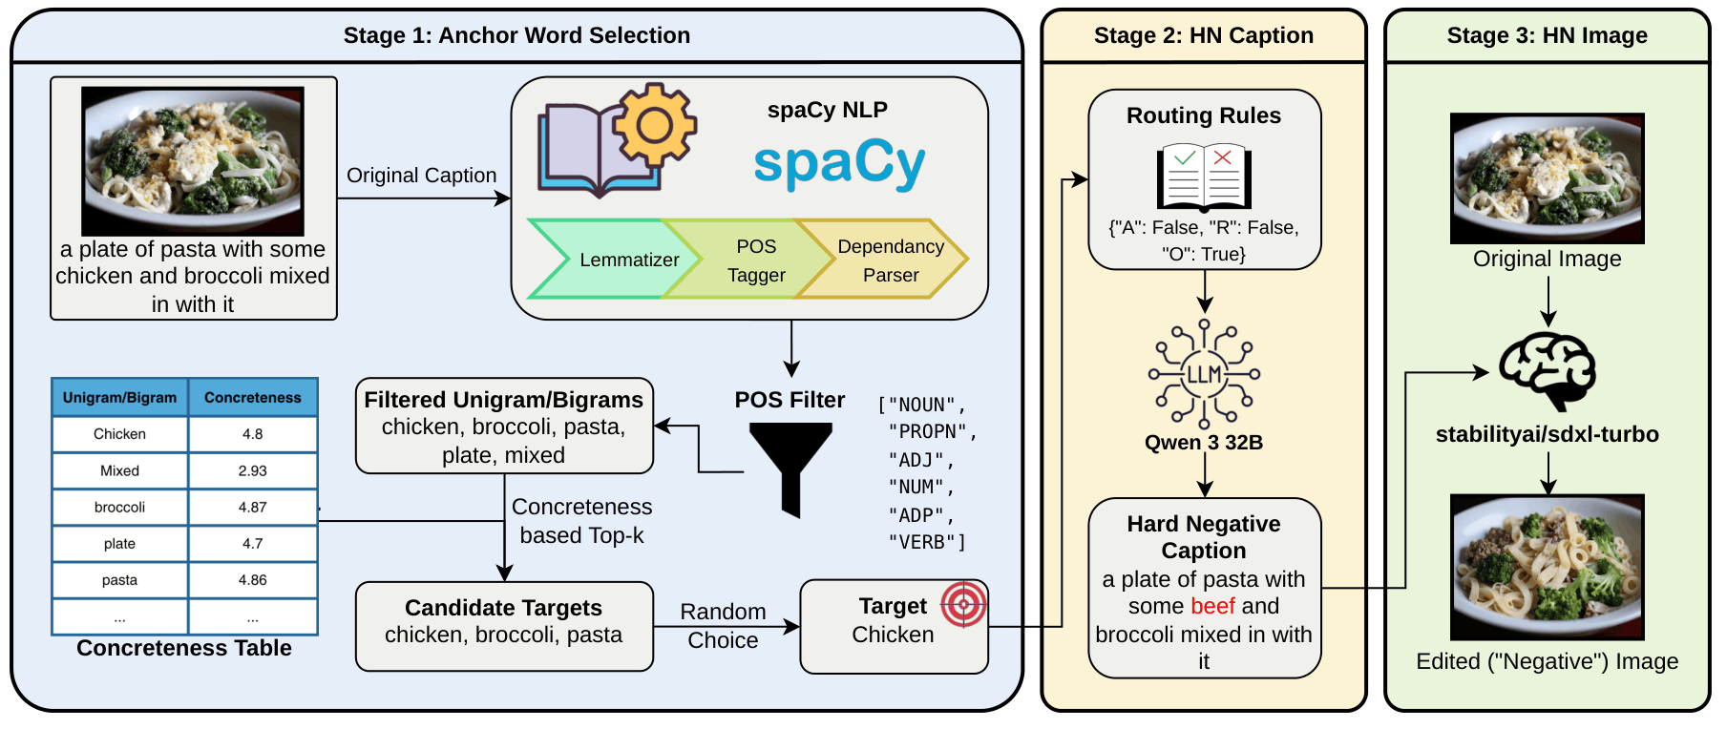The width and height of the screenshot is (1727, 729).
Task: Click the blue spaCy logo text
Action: click(x=839, y=162)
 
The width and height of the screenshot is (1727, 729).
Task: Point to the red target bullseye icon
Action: click(x=962, y=604)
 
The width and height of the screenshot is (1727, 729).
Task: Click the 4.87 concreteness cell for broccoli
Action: click(x=252, y=507)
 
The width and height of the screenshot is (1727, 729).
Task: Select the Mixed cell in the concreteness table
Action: click(x=119, y=470)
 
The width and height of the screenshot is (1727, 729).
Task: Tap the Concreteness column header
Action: click(x=252, y=397)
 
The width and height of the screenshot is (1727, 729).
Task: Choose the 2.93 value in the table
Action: click(x=252, y=470)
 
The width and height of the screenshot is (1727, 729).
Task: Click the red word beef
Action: click(x=1213, y=606)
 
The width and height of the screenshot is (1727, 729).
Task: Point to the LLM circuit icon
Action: click(x=1204, y=373)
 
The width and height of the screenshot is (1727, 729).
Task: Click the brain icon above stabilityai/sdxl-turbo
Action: click(x=1547, y=370)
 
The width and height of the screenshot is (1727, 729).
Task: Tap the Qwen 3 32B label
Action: click(x=1204, y=443)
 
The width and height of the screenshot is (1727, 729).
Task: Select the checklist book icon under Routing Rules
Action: click(x=1204, y=177)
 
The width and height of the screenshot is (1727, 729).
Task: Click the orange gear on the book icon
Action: click(x=654, y=125)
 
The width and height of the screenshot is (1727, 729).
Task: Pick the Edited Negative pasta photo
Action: click(x=1547, y=567)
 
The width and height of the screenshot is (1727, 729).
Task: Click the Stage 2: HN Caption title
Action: click(x=1203, y=35)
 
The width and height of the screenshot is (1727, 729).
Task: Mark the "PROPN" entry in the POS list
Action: click(x=932, y=432)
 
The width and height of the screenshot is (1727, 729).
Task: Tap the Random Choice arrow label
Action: click(x=723, y=626)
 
